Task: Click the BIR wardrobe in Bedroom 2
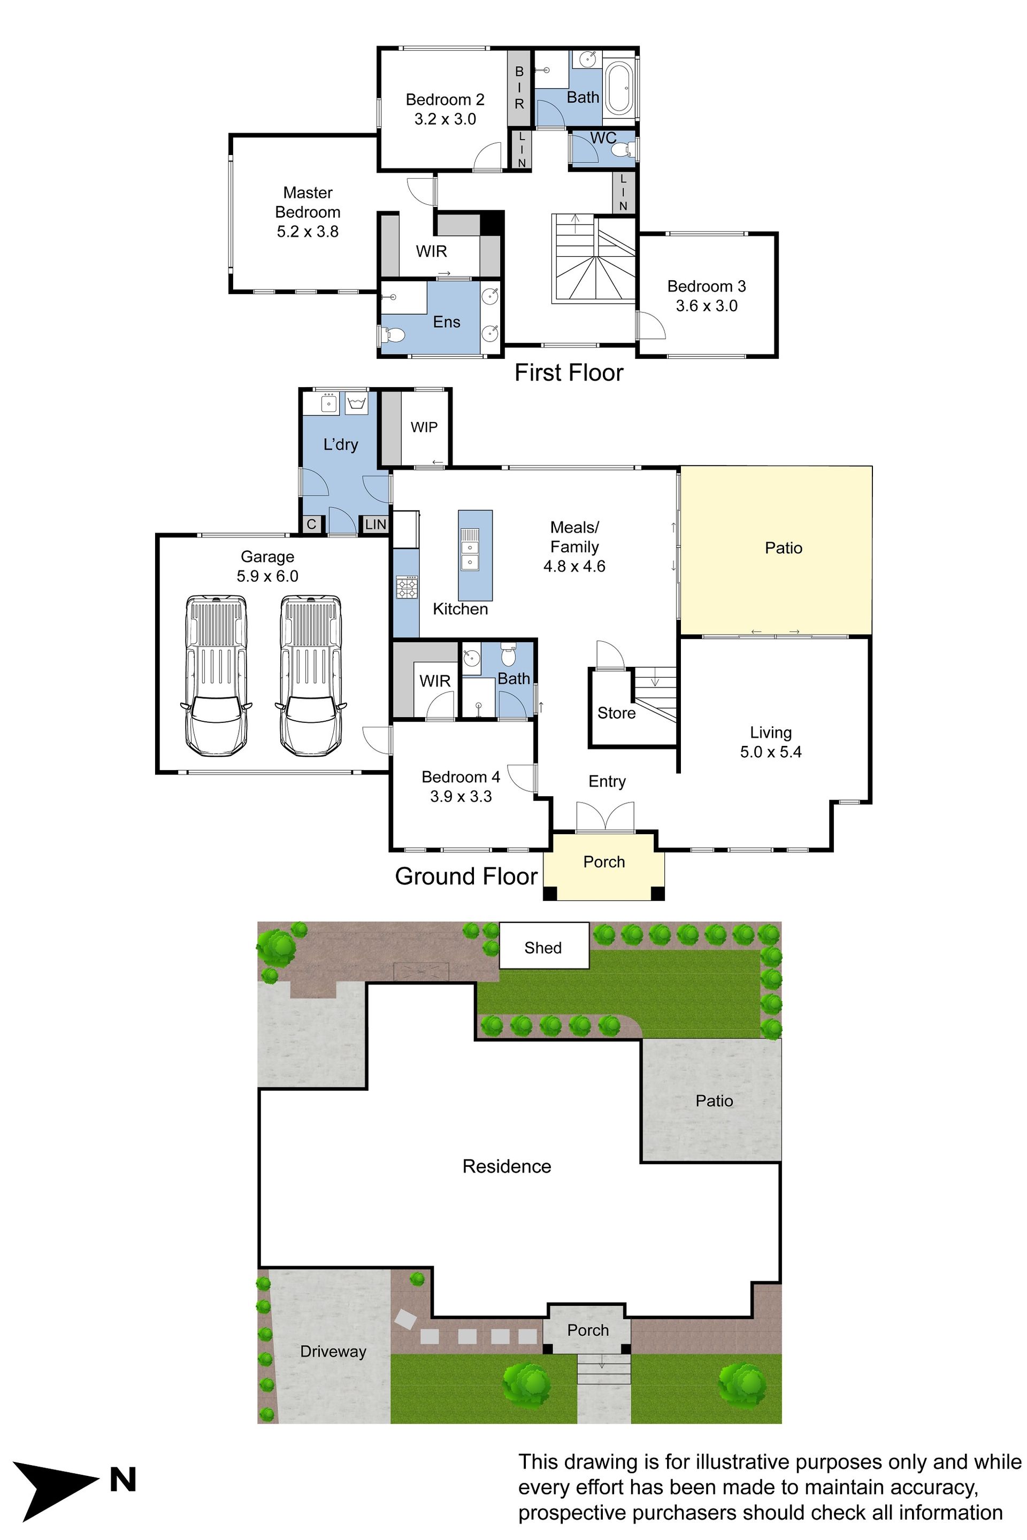[x=519, y=88]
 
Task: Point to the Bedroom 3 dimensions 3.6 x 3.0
[x=707, y=306]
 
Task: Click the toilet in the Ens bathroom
[x=394, y=336]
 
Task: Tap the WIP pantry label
[x=424, y=427]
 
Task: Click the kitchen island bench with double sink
[x=475, y=555]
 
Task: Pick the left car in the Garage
[x=216, y=674]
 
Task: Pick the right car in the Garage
[x=310, y=674]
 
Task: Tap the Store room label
[x=616, y=713]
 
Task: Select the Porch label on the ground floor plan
[x=604, y=861]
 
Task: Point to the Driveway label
[x=333, y=1351]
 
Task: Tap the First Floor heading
[x=569, y=373]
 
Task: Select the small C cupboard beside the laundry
[x=312, y=524]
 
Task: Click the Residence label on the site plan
[x=507, y=1166]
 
